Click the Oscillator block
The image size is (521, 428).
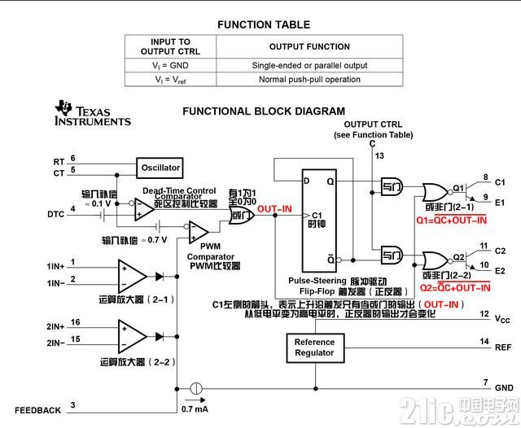pyautogui.click(x=160, y=168)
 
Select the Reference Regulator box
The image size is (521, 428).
pyautogui.click(x=315, y=347)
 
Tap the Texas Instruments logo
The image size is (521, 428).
pyautogui.click(x=93, y=113)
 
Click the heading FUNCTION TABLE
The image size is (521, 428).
pyautogui.click(x=264, y=24)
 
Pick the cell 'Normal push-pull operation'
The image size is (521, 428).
pyautogui.click(x=309, y=80)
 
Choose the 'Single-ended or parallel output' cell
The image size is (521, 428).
pyautogui.click(x=309, y=65)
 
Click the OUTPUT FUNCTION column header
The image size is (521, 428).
pyautogui.click(x=309, y=47)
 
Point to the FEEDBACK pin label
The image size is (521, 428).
pyautogui.click(x=38, y=410)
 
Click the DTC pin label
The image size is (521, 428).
pyautogui.click(x=55, y=215)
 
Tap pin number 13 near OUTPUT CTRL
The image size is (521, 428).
pyautogui.click(x=379, y=155)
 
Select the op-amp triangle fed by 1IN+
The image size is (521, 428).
pyautogui.click(x=132, y=277)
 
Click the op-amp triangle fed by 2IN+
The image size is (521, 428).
pyautogui.click(x=132, y=336)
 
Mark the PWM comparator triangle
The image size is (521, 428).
pyautogui.click(x=199, y=232)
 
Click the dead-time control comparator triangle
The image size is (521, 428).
pyautogui.click(x=144, y=209)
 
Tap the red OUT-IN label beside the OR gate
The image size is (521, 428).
pyautogui.click(x=274, y=209)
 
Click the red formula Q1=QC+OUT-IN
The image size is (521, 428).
pyautogui.click(x=451, y=220)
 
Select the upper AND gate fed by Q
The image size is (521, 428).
pyautogui.click(x=392, y=186)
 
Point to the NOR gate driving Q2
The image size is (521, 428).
pyautogui.click(x=436, y=260)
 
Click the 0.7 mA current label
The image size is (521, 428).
pyautogui.click(x=195, y=409)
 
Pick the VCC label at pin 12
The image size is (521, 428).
pyautogui.click(x=502, y=320)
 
